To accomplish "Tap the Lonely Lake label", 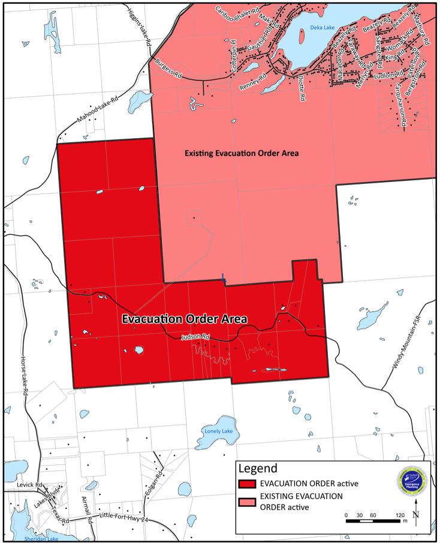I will [x=218, y=431].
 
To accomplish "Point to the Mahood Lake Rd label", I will [x=98, y=113].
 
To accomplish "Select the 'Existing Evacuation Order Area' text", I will [x=241, y=154].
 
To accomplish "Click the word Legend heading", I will [x=258, y=468].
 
